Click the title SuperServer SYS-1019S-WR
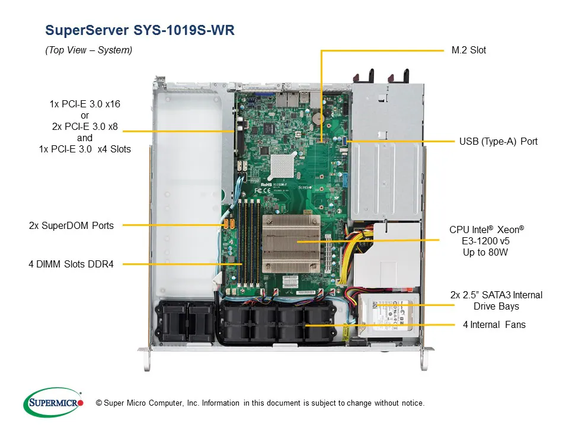tap(140, 31)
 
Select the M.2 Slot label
tap(468, 50)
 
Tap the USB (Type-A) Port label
tap(498, 142)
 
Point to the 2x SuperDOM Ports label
tap(71, 225)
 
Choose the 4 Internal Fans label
tap(494, 325)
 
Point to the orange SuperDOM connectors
tap(229, 225)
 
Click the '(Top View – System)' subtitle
tap(89, 50)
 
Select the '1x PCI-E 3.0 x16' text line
tap(85, 104)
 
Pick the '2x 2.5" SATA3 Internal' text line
tap(496, 295)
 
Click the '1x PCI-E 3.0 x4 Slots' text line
tap(85, 149)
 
